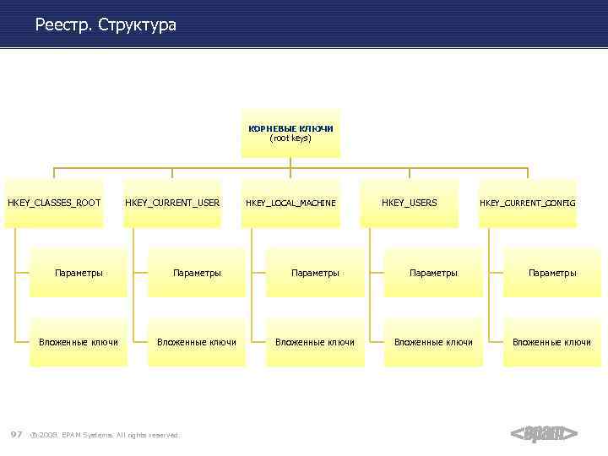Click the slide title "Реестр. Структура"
[106, 25]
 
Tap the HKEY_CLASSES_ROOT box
[54, 203]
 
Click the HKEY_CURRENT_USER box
[172, 203]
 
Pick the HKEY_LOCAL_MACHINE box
[290, 203]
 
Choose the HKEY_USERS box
[410, 203]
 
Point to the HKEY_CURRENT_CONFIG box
[528, 203]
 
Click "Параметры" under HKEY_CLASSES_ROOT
[79, 273]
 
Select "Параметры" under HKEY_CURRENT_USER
[197, 273]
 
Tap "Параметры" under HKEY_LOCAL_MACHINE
[315, 273]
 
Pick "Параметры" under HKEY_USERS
[433, 273]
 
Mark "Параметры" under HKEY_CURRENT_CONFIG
[552, 273]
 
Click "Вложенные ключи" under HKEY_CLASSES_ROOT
[79, 342]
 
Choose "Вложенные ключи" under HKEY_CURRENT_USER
[197, 342]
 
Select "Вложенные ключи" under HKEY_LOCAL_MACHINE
[315, 342]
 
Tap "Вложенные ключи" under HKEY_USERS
[433, 342]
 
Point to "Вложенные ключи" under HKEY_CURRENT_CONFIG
[552, 342]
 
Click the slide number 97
[16, 434]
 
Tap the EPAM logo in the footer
[544, 434]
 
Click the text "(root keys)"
[290, 138]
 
